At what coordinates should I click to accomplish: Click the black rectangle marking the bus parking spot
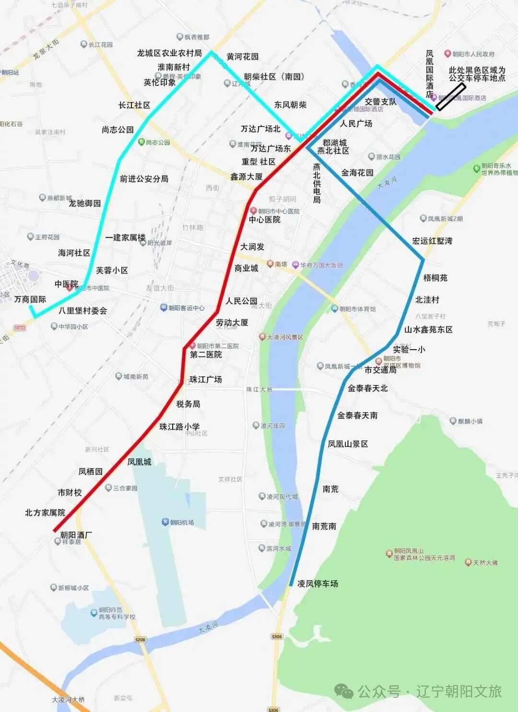pyautogui.click(x=450, y=96)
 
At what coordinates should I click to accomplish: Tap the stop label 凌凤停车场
pyautogui.click(x=318, y=584)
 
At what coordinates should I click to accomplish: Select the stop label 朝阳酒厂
pyautogui.click(x=76, y=535)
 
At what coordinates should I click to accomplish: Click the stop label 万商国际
pyautogui.click(x=30, y=299)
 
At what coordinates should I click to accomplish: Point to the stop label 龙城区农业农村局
pyautogui.click(x=169, y=53)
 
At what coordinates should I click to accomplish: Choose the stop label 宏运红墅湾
pyautogui.click(x=432, y=241)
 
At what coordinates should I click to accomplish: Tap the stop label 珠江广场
pyautogui.click(x=206, y=379)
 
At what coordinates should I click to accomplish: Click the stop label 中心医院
pyautogui.click(x=264, y=220)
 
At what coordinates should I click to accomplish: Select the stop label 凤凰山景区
pyautogui.click(x=348, y=444)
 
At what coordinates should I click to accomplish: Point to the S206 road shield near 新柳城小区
pyautogui.click(x=140, y=640)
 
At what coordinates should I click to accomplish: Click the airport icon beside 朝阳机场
pyautogui.click(x=165, y=522)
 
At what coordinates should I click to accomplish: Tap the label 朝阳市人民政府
pyautogui.click(x=473, y=54)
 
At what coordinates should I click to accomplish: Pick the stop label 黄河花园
pyautogui.click(x=242, y=57)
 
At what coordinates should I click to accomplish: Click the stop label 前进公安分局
pyautogui.click(x=144, y=179)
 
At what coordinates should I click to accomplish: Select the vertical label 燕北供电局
pyautogui.click(x=317, y=183)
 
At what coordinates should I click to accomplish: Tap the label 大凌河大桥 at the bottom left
pyautogui.click(x=68, y=700)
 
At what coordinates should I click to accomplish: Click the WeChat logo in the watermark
pyautogui.click(x=343, y=691)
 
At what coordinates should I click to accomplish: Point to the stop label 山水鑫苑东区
pyautogui.click(x=428, y=329)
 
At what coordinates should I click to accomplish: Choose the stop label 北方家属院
pyautogui.click(x=45, y=513)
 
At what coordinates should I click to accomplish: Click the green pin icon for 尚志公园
pyautogui.click(x=141, y=142)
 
